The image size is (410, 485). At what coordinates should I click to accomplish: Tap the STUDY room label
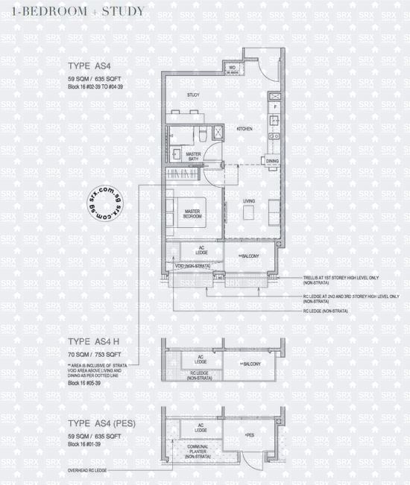tap(192, 95)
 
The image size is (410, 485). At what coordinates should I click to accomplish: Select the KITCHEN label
tap(245, 129)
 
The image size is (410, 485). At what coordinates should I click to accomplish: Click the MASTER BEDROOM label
tap(195, 213)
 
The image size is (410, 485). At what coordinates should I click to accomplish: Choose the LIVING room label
tap(250, 201)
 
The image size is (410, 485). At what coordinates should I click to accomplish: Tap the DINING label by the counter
tap(272, 161)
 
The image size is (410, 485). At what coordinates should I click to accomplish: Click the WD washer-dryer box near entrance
tap(232, 69)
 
